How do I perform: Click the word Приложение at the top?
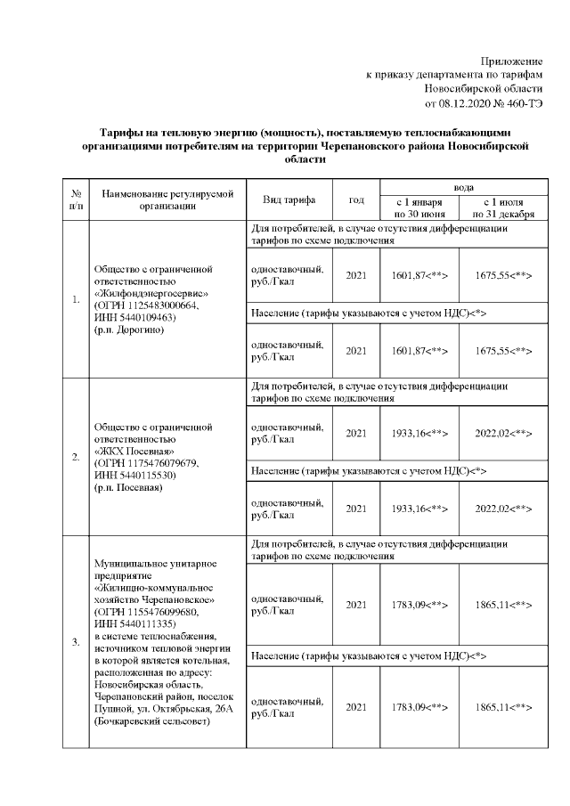pyautogui.click(x=511, y=60)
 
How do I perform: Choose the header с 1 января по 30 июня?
pyautogui.click(x=419, y=208)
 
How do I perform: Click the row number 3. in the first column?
pyautogui.click(x=77, y=640)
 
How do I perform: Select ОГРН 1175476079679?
pyautogui.click(x=146, y=463)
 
